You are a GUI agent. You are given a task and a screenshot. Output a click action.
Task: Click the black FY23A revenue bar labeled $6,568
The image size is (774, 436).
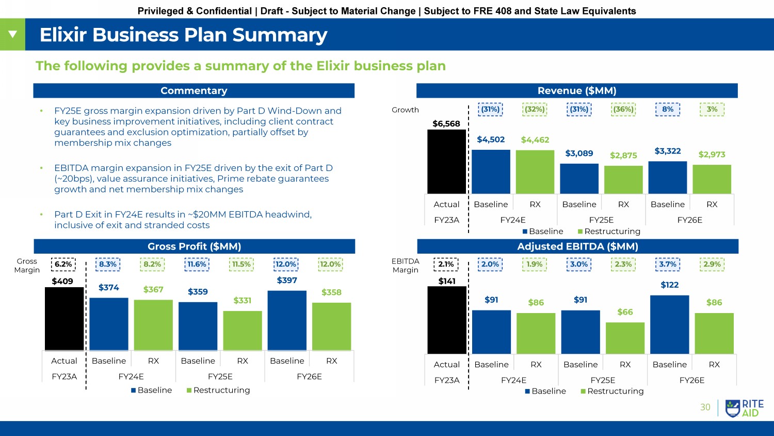(447, 162)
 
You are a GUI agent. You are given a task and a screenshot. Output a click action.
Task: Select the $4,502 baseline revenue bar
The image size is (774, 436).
(491, 172)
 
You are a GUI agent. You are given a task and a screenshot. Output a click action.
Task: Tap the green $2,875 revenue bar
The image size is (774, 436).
(623, 180)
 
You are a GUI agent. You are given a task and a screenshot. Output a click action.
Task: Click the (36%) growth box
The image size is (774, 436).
(623, 110)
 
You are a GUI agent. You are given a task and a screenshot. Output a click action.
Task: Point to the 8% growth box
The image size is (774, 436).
(668, 110)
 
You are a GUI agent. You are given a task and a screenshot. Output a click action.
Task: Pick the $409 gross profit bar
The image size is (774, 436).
(64, 319)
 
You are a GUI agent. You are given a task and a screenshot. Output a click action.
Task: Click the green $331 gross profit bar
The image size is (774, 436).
(243, 331)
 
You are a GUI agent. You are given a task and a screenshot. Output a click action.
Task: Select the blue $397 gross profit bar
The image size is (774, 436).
(287, 321)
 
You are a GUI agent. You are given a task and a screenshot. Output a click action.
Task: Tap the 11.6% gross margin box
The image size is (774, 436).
(197, 264)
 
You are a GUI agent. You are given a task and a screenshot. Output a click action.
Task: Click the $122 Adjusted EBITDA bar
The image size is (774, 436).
(670, 324)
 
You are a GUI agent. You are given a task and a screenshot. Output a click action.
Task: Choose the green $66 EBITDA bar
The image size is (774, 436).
(625, 338)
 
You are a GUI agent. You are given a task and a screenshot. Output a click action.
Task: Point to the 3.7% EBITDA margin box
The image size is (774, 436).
(668, 264)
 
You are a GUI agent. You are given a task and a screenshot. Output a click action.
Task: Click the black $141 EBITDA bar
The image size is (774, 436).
(447, 320)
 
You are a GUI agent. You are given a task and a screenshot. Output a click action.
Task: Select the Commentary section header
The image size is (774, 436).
(194, 91)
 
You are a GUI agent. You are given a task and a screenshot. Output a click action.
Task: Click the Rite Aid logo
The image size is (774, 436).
(744, 408)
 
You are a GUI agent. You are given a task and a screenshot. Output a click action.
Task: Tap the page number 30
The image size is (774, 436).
(705, 408)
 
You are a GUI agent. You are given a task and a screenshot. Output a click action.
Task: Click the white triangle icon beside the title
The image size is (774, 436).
(12, 35)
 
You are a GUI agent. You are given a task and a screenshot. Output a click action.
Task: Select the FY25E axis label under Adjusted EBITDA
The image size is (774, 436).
(603, 380)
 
